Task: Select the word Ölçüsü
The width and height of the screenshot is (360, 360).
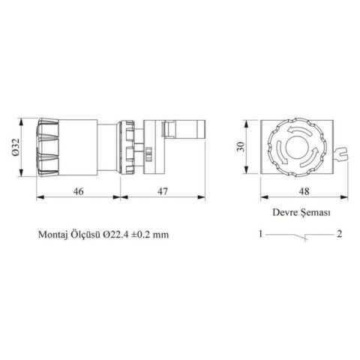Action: (86, 234)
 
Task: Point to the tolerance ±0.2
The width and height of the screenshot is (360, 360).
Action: (147, 234)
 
